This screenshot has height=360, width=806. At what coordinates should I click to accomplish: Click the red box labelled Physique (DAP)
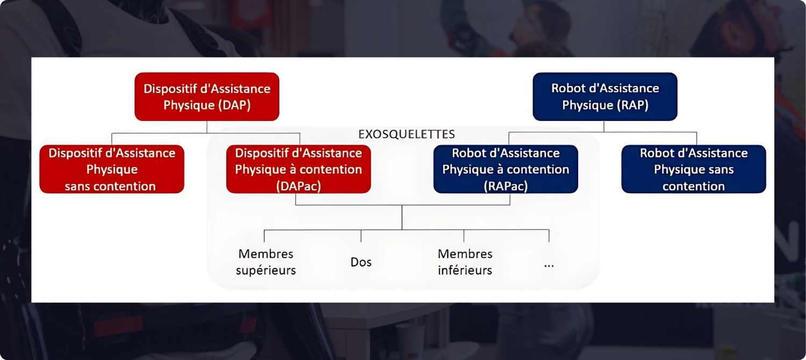(x=207, y=97)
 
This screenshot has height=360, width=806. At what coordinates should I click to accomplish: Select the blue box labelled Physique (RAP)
(x=605, y=97)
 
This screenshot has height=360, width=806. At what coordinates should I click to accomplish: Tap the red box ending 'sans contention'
(x=112, y=169)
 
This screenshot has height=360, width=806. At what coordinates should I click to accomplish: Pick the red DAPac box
(x=298, y=169)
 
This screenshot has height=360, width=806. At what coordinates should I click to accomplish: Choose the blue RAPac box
(x=506, y=169)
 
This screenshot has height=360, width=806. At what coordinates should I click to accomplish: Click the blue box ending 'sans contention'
(x=694, y=169)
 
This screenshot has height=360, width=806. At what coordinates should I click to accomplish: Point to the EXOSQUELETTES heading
(x=406, y=134)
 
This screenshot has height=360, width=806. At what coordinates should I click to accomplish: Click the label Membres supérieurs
(x=266, y=262)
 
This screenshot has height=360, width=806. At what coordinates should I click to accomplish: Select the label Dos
(x=361, y=262)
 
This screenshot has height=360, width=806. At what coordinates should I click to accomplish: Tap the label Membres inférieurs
(x=465, y=262)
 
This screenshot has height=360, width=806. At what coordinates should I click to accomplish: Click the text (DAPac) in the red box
(x=298, y=186)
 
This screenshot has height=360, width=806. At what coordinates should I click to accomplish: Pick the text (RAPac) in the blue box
(x=506, y=186)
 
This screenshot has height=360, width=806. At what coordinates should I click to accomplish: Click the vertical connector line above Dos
(x=361, y=236)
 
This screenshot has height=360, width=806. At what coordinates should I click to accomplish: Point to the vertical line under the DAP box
(x=207, y=126)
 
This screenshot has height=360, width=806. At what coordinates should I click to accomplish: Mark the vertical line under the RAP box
(x=604, y=126)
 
